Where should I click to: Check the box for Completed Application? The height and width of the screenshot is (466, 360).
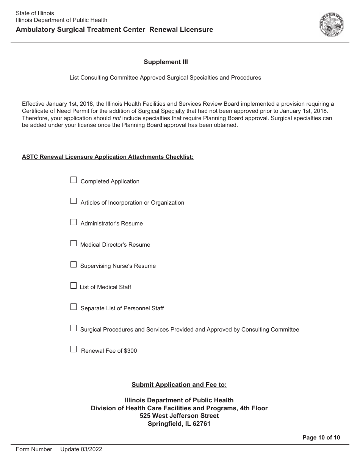pos(74,180)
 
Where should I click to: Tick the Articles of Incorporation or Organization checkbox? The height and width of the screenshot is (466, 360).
pos(74,201)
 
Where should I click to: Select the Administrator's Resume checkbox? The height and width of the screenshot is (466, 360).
pos(74,222)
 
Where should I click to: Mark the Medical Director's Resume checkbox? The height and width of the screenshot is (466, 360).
pos(74,243)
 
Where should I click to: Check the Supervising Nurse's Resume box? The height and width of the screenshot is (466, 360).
pos(74,264)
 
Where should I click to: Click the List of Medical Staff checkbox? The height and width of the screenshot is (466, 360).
pos(74,286)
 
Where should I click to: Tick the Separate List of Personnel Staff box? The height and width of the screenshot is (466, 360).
pos(74,307)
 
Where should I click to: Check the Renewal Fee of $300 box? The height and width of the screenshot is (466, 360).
pos(74,349)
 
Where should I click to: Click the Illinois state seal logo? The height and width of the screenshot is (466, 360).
pos(332,25)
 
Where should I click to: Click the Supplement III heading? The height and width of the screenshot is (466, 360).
pos(166,62)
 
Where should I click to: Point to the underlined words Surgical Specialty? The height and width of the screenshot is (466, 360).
pos(161,111)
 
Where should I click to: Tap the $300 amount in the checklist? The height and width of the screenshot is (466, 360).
pos(130,351)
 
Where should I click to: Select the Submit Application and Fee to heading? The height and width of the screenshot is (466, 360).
pos(179,385)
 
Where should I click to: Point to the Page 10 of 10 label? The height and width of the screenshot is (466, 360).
pos(321,438)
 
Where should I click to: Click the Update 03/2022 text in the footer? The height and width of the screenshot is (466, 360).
pos(81,449)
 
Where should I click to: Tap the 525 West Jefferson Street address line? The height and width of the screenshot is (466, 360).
pos(179,416)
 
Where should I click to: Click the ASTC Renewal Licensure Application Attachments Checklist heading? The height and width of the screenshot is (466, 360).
pos(108,157)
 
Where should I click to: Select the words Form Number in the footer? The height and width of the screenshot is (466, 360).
pos(34,449)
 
